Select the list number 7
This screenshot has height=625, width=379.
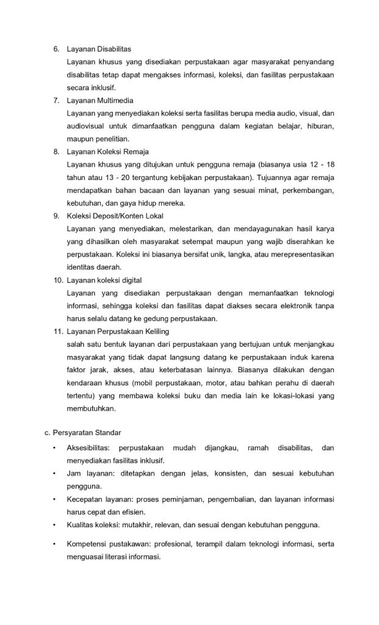tap(56, 100)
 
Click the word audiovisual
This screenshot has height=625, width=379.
tap(88, 126)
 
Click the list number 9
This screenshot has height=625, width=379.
tap(56, 216)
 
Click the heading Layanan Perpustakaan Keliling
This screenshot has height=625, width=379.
tap(116, 332)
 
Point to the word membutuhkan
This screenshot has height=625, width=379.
tap(92, 409)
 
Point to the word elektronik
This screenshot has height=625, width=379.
tap(278, 306)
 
